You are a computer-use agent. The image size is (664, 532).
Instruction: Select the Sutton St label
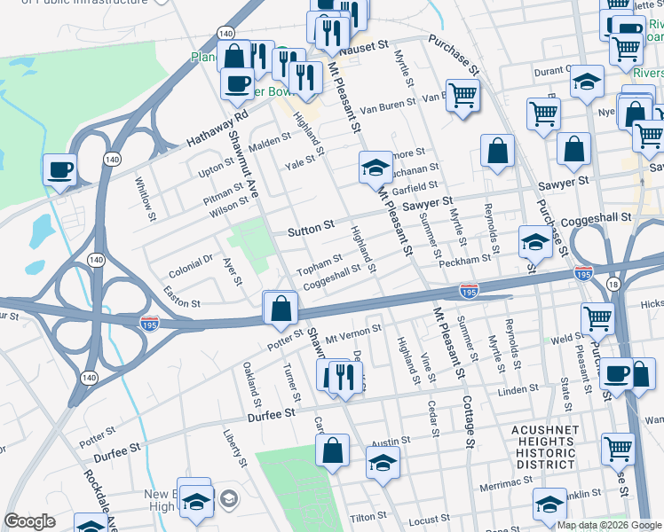pos(310,229)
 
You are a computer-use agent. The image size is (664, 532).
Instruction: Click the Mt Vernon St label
pos(352,332)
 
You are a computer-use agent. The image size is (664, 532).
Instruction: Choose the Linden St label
pos(518,390)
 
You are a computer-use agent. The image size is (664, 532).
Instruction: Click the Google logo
pos(29,521)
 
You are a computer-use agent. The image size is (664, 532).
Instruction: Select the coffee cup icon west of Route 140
pos(60,168)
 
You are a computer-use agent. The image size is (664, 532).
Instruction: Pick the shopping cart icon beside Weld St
pos(597,317)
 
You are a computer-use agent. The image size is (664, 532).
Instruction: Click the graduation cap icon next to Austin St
pos(383,462)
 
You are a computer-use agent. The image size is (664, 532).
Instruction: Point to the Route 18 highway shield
pos(613,283)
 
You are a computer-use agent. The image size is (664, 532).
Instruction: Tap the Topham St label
pos(319,263)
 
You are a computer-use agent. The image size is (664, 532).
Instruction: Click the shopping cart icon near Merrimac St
pos(617,448)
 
